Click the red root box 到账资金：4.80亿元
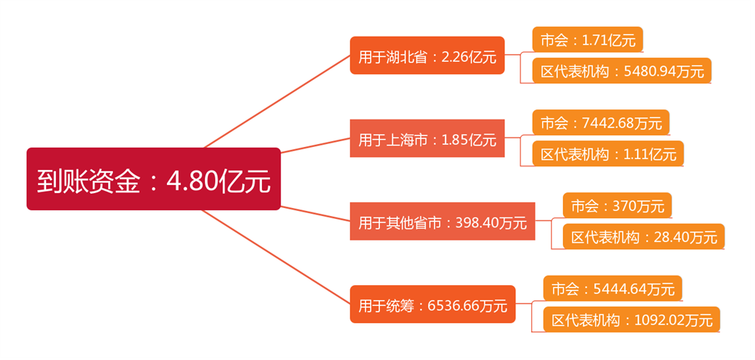point(153,179)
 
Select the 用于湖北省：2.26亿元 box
point(427,55)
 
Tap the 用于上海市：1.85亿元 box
point(427,138)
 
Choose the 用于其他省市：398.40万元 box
point(443,222)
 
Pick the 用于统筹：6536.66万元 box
point(433,305)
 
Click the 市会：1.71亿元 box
point(587,40)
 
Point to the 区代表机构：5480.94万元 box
point(622,71)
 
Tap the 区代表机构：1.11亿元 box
point(608,153)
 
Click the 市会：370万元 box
point(618,206)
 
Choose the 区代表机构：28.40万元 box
point(644,237)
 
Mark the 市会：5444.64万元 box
point(612,289)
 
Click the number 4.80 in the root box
point(193,181)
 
